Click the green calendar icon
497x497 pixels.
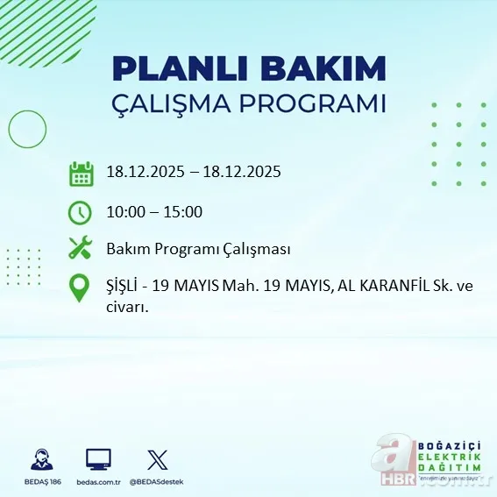coord(81,173)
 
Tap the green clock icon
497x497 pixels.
coord(80,212)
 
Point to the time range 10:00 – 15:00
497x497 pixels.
coord(154,212)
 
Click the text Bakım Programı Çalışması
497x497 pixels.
coord(198,250)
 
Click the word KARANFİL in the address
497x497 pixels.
coord(385,287)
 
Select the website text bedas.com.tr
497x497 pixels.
coord(98,482)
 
